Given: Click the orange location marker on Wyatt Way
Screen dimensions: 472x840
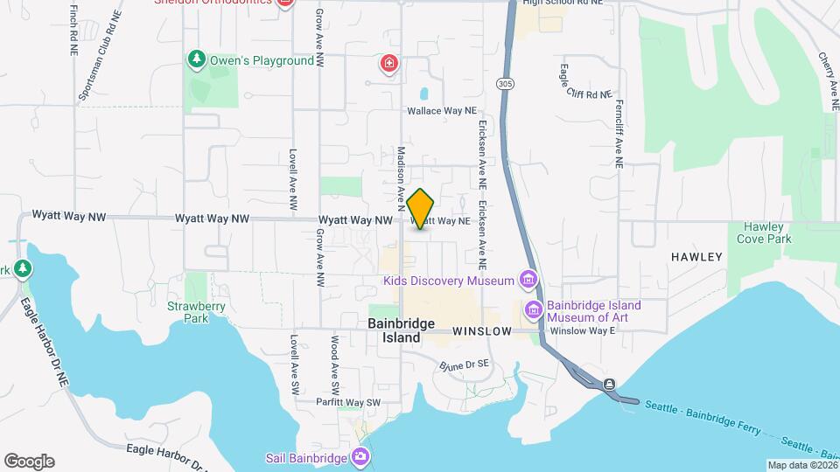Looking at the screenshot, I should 421,209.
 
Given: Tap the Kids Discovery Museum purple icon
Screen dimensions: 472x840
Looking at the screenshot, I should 528,281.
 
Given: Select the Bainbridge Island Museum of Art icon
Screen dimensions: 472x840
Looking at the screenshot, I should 533,310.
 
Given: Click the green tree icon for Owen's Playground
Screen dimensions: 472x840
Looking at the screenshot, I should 197,60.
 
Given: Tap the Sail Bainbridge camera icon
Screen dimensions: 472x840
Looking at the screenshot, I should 360,457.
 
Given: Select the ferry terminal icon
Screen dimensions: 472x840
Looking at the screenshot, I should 609,384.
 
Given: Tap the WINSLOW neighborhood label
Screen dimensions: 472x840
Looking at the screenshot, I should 482,332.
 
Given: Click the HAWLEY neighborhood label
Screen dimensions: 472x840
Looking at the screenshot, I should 696,257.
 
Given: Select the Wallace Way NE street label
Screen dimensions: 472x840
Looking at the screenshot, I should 442,112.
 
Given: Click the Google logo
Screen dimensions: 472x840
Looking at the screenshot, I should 29,462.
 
